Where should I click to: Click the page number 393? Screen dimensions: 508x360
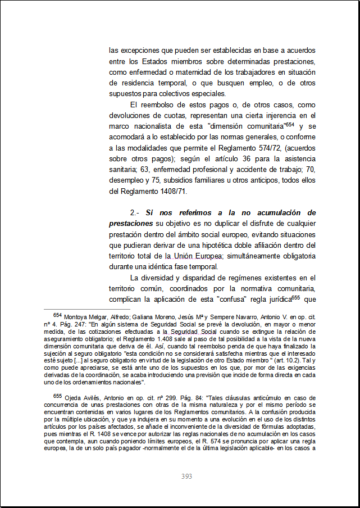[187, 476]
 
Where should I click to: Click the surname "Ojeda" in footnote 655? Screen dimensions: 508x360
[74, 398]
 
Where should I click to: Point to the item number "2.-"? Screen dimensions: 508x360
[135, 213]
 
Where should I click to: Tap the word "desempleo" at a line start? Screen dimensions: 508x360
[126, 180]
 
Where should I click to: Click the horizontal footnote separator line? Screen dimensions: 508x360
[79, 309]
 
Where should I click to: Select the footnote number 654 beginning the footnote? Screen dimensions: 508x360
[57, 316]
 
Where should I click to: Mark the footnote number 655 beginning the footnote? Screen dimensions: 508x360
[58, 396]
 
